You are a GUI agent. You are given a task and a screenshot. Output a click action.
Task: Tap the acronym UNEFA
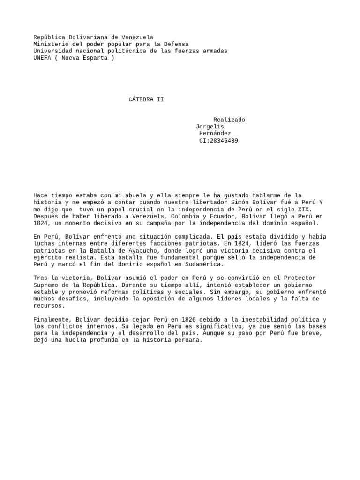42,58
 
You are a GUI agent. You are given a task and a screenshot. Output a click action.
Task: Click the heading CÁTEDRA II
146,99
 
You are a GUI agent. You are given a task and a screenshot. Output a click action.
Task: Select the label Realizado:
231,120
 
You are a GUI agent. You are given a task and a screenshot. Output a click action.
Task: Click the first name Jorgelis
210,127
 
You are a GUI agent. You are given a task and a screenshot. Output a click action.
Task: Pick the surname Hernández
215,134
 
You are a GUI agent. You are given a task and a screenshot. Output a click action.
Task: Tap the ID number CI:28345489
218,141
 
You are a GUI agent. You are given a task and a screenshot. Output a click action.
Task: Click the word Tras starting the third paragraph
40,278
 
